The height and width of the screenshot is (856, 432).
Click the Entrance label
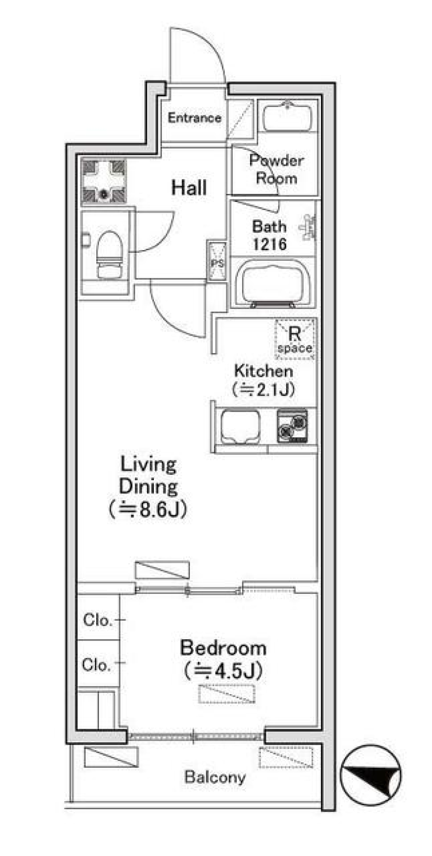pos(194,118)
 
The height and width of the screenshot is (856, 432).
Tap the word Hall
pos(189,188)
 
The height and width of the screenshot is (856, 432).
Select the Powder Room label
pos(276,169)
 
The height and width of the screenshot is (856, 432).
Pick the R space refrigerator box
pos(295,340)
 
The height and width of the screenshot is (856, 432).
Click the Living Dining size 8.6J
pos(148,510)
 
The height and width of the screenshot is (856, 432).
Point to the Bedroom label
pos(223,648)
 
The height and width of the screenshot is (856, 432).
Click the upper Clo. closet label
pos(97,620)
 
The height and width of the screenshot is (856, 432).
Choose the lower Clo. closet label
pos(96,664)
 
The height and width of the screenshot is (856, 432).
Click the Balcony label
pos(215,777)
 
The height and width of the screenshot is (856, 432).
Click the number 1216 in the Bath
pos(270,244)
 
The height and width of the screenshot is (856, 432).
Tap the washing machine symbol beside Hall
pos(104,180)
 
